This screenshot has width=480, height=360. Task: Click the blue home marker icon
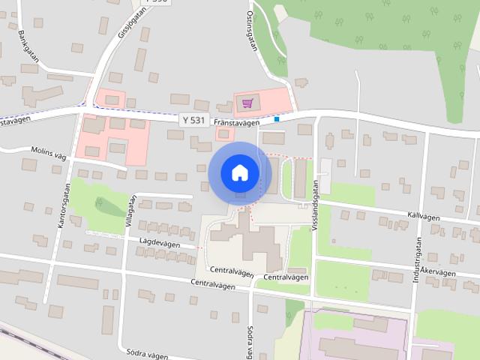pyautogui.click(x=239, y=172)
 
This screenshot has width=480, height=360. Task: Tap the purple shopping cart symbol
pyautogui.click(x=248, y=103)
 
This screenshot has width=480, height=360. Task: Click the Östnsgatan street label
pyautogui.click(x=252, y=30)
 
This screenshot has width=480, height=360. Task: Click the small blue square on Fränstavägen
pyautogui.click(x=277, y=118)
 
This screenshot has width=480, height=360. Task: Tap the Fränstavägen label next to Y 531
pyautogui.click(x=236, y=121)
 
